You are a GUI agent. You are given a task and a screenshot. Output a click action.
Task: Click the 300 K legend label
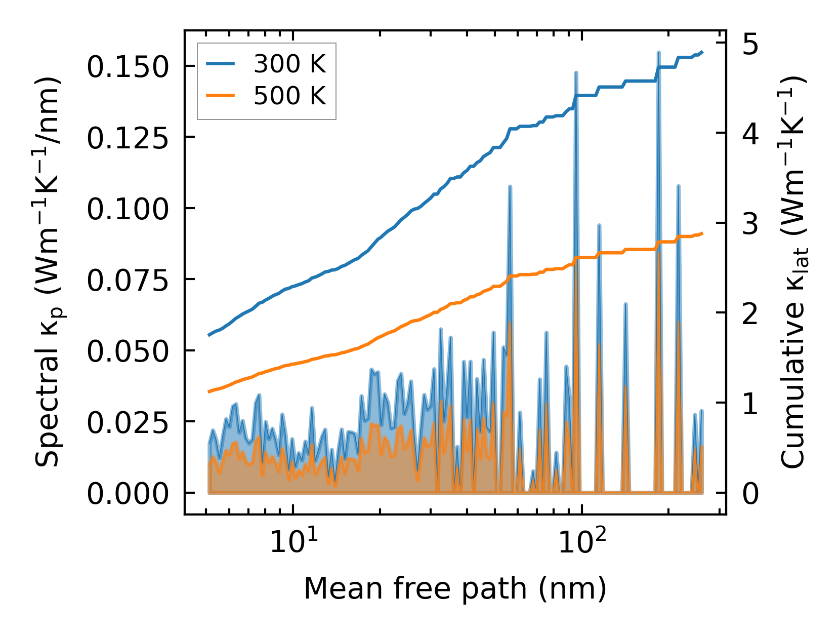[x=289, y=64]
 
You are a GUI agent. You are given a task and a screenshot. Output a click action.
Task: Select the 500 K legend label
[x=289, y=95]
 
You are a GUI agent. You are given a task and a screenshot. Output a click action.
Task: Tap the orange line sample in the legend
[x=220, y=95]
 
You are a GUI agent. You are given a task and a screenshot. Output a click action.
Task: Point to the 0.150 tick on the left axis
[x=127, y=66]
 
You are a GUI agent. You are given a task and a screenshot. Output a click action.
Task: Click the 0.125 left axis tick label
[x=127, y=138]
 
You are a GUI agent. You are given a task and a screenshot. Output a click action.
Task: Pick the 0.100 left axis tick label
[x=127, y=209]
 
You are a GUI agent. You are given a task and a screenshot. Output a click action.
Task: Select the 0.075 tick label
[x=127, y=280]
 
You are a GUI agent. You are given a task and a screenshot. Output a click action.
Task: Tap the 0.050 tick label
[x=127, y=351]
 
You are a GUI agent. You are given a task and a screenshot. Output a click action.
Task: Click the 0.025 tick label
[x=127, y=422]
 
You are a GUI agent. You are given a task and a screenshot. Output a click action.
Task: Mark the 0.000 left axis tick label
[x=127, y=493]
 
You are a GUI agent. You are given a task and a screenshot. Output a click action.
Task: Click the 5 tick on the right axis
[x=750, y=45]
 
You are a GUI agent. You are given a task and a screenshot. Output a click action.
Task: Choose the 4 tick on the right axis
[x=750, y=134]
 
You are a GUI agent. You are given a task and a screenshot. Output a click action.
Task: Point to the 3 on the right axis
[x=750, y=224]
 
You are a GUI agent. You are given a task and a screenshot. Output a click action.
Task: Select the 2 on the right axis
[x=750, y=313]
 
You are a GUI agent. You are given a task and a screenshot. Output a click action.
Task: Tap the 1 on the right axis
[x=750, y=404]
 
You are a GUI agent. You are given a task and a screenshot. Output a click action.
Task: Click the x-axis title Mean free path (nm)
[x=454, y=588]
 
